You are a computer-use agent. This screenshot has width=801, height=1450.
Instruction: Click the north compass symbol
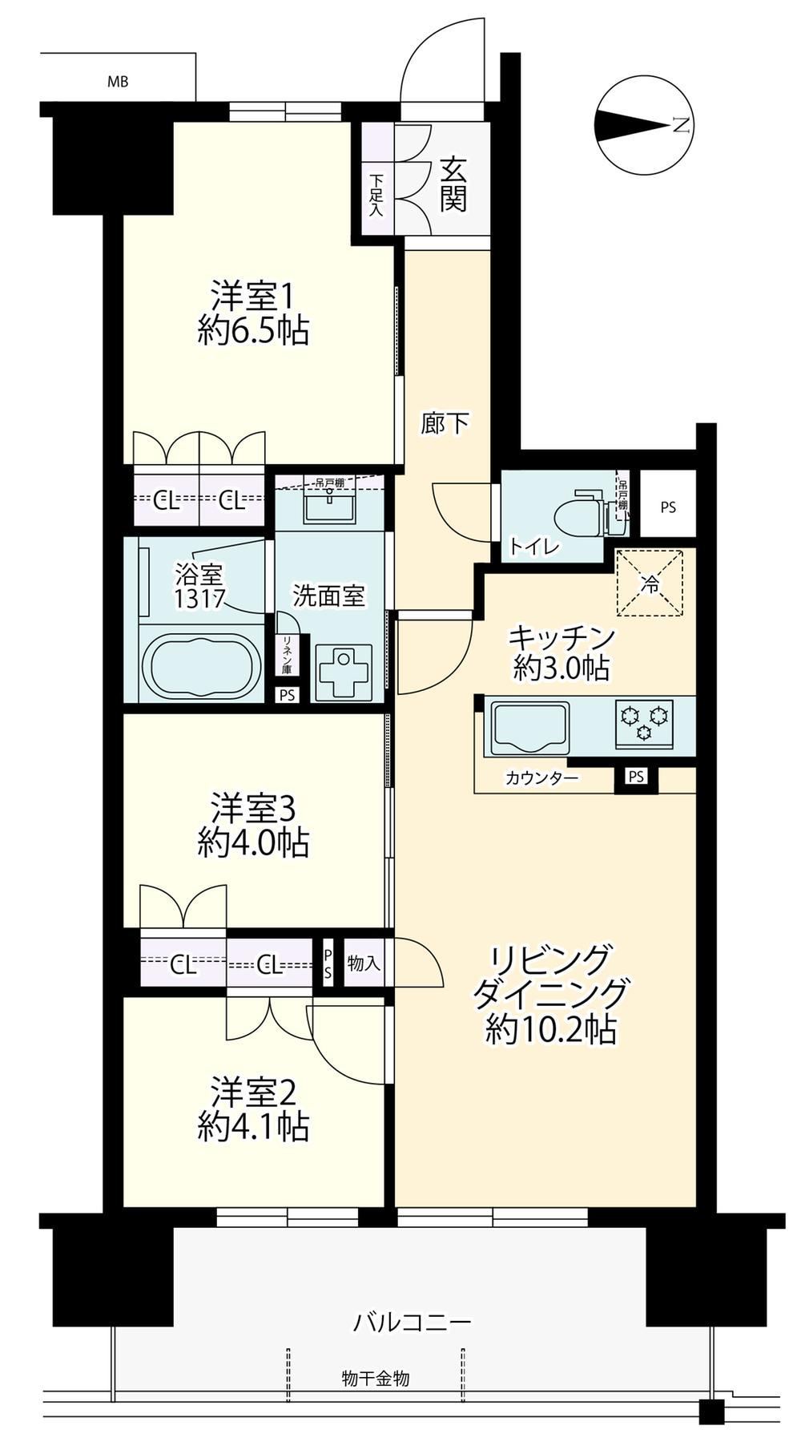tap(644, 125)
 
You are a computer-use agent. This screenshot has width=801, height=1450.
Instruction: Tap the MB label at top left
tap(118, 81)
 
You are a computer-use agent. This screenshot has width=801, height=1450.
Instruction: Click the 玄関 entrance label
tap(453, 184)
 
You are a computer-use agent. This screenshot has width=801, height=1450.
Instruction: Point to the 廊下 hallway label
tap(445, 423)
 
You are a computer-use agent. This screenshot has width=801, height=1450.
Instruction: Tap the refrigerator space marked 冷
tap(650, 584)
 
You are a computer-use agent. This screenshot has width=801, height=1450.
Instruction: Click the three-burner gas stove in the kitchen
tap(643, 722)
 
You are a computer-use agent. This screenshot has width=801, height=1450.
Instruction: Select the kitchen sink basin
tap(529, 725)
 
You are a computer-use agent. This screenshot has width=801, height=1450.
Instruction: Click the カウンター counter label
tap(542, 778)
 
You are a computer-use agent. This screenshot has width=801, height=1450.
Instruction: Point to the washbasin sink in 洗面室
tap(331, 507)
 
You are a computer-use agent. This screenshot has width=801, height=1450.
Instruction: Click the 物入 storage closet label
tap(364, 963)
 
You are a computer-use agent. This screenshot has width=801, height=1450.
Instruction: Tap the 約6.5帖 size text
tap(254, 330)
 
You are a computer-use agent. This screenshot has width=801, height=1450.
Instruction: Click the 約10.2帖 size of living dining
tap(551, 1029)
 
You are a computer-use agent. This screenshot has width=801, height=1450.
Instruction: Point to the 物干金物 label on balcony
tap(376, 1379)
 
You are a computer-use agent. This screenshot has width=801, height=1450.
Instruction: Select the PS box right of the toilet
tap(668, 507)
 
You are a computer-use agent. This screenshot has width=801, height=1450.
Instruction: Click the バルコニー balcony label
tap(413, 1321)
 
